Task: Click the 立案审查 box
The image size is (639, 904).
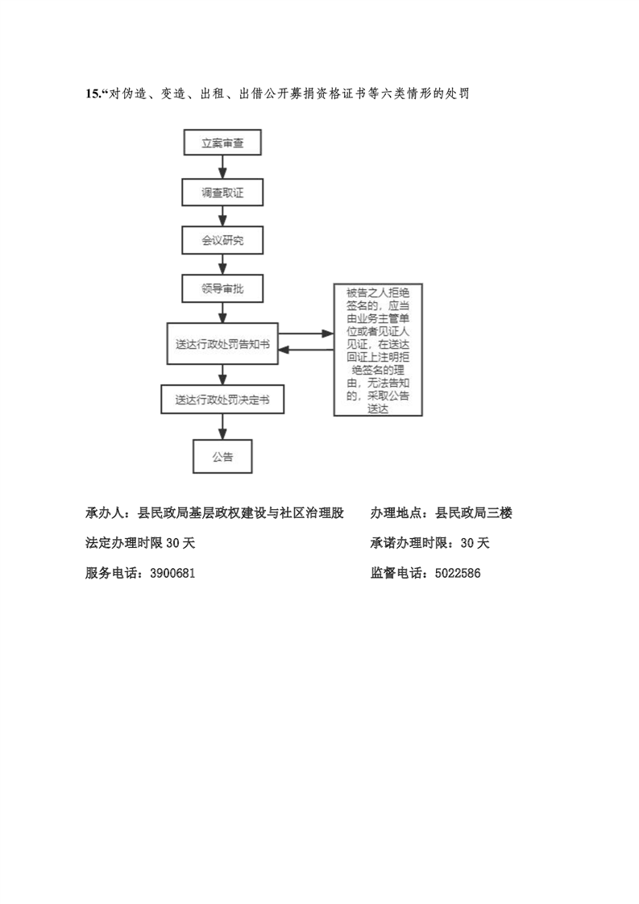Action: click(222, 143)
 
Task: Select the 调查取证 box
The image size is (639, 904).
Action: click(222, 192)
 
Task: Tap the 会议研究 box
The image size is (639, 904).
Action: click(222, 240)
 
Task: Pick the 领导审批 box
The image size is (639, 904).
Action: click(222, 288)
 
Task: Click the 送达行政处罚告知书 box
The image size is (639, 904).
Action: click(222, 343)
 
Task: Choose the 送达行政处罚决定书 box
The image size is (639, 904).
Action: click(222, 399)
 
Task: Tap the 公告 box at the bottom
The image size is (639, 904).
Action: click(222, 457)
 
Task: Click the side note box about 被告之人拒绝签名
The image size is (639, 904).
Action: click(379, 350)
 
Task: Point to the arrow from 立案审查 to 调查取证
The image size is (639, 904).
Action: click(222, 168)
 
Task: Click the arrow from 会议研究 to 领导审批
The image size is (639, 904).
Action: click(222, 264)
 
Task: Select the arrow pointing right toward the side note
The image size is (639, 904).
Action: click(305, 334)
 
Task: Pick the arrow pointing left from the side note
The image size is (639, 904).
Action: click(305, 350)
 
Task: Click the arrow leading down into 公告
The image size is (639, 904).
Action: click(222, 427)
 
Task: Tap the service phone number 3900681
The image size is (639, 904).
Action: click(172, 573)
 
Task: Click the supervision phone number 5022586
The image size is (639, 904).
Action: click(458, 573)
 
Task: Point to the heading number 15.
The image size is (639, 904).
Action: click(93, 93)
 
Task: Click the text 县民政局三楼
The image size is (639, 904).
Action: click(474, 512)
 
